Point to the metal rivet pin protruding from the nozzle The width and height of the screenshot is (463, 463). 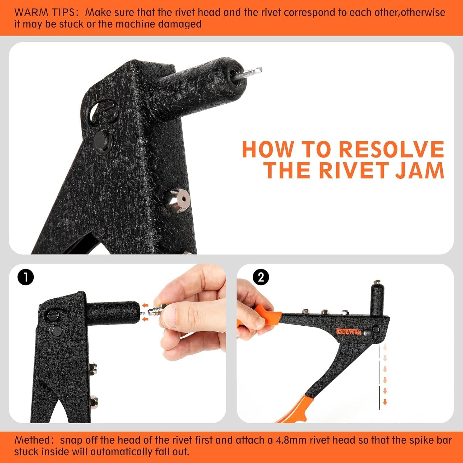[252, 72]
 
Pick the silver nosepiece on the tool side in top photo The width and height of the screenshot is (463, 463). [177, 200]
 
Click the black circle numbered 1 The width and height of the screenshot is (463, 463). [25, 277]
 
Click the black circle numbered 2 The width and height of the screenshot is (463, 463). [261, 277]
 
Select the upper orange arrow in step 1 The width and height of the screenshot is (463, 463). [145, 306]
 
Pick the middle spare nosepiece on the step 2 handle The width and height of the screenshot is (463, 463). [324, 312]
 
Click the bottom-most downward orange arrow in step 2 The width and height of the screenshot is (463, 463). [385, 402]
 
